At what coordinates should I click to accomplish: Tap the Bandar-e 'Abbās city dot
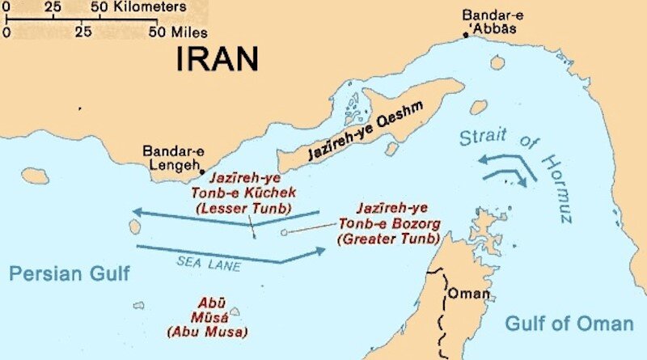click(466, 35)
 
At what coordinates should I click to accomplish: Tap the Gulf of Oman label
click(569, 324)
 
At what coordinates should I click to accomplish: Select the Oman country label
click(468, 293)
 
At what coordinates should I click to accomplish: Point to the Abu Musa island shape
click(235, 311)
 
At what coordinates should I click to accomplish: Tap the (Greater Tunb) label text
click(390, 239)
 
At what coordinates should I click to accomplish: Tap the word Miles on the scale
click(191, 33)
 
